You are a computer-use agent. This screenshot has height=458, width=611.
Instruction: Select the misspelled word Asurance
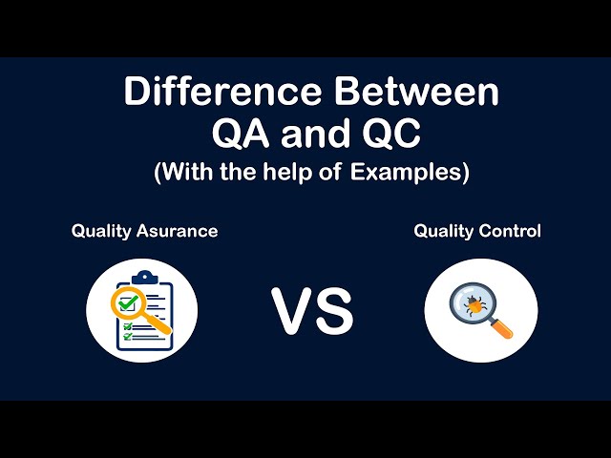(179, 231)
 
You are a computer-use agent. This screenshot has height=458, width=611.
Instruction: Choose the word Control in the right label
(511, 231)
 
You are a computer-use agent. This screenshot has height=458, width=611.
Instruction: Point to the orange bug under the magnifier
(474, 303)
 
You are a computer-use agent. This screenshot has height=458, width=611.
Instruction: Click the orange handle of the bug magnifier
(502, 330)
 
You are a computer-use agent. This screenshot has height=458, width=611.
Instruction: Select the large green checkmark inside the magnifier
(127, 303)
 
